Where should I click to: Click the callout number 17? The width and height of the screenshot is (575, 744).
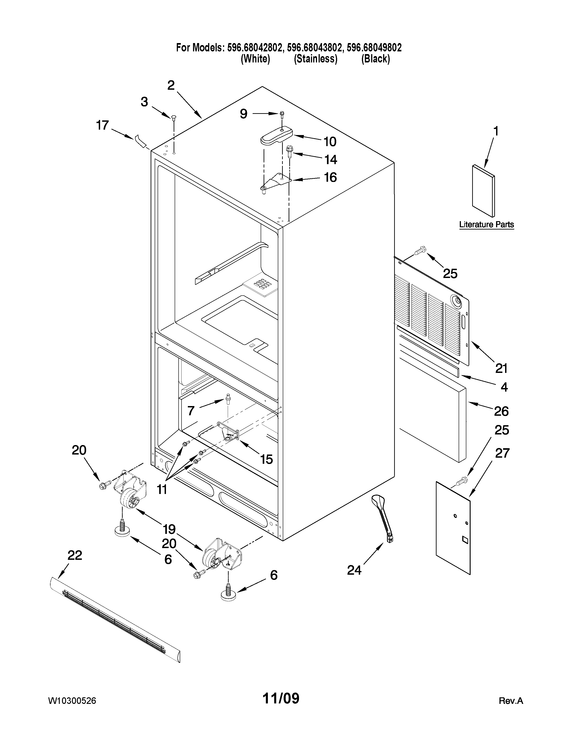[102, 126]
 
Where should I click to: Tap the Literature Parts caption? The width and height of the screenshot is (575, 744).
[486, 225]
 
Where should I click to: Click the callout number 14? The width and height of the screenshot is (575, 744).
[330, 159]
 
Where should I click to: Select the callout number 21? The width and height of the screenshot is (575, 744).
[501, 368]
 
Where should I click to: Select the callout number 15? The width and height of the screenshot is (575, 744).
[266, 459]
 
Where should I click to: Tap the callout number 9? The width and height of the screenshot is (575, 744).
[243, 114]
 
